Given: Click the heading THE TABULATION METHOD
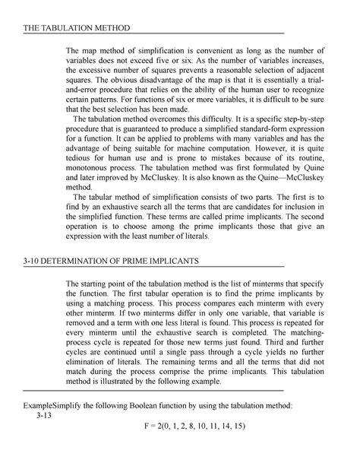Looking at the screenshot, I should coord(66,28).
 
